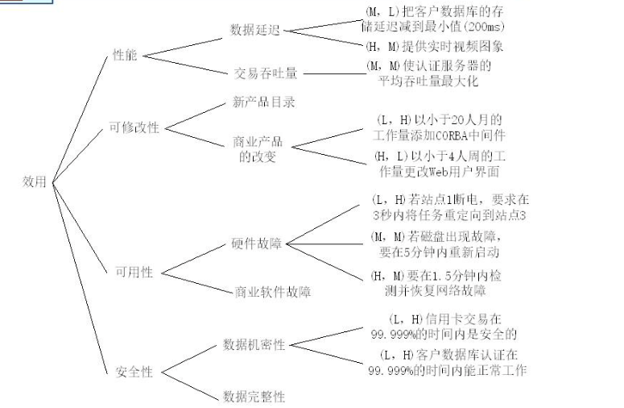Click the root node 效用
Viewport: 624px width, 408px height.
35,182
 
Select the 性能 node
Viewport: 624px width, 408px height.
126,56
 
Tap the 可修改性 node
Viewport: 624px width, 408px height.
134,127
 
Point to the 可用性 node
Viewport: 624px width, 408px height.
134,272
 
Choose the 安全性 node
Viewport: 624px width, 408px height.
134,372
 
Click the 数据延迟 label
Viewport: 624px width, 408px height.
255,30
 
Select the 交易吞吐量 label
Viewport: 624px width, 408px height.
266,73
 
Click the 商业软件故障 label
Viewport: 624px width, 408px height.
274,291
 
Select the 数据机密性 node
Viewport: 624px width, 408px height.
254,345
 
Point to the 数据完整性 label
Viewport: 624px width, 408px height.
254,396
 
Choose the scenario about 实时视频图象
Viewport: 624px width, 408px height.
436,47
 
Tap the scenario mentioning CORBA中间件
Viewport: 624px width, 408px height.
440,127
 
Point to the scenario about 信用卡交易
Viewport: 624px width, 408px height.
442,326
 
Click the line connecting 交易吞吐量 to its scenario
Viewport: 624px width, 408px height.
333,73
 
